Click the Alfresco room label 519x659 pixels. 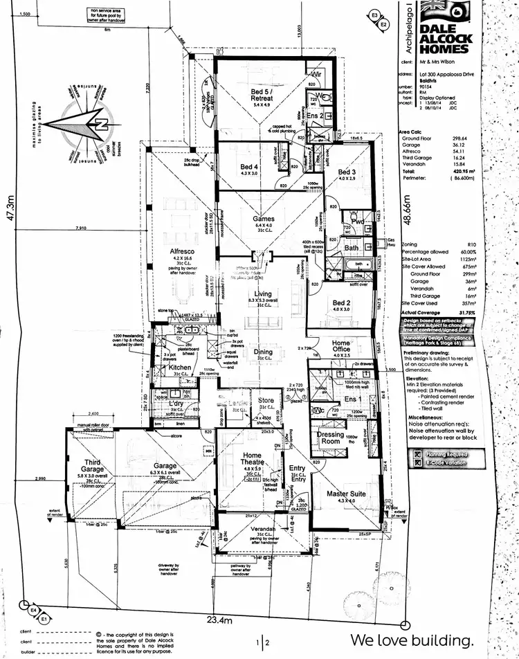pos(180,251)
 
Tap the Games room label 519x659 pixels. pos(262,219)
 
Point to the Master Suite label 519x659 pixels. pos(345,494)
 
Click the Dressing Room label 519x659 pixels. pos(331,437)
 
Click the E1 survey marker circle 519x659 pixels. pos(43,617)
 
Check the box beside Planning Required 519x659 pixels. pos(417,454)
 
